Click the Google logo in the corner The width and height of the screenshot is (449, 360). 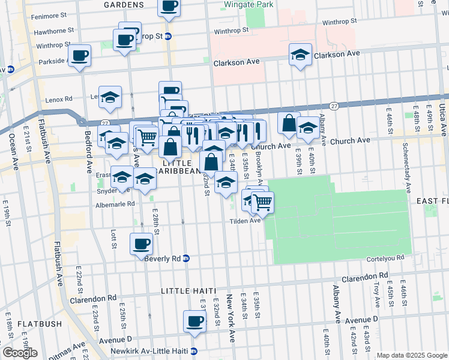(x=20, y=352)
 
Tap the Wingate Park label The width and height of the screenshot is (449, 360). (x=243, y=4)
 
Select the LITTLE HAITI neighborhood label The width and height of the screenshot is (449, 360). (x=188, y=291)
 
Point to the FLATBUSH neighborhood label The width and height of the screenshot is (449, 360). (x=40, y=324)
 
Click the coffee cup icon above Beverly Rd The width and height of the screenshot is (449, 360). (x=142, y=243)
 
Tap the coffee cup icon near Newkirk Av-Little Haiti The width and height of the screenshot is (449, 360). (x=194, y=321)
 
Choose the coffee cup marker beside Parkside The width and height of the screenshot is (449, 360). (x=79, y=56)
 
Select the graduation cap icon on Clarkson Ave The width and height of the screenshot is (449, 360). (x=300, y=55)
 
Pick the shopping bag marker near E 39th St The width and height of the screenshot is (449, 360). (x=289, y=122)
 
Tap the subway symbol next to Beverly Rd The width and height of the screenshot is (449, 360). (x=186, y=259)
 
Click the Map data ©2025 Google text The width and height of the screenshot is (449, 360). (x=412, y=355)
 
